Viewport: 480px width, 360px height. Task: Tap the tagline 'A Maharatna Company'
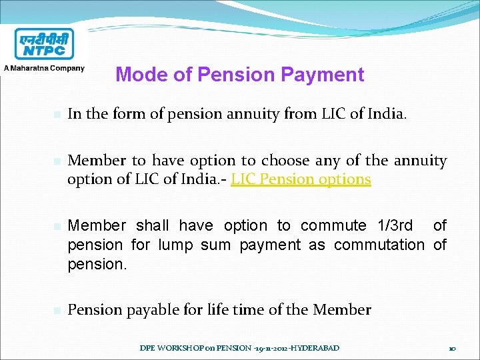coord(44,68)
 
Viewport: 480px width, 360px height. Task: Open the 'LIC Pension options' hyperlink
coord(301,179)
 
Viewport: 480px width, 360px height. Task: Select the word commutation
coord(379,245)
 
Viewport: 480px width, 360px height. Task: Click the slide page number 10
coord(451,348)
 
